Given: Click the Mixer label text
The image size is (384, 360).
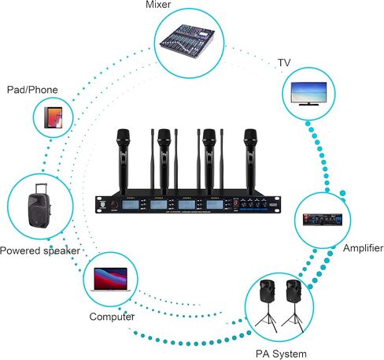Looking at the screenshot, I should [x=179, y=6].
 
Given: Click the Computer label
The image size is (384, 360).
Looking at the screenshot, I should [x=111, y=317].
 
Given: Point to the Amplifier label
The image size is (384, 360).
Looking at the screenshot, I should [x=362, y=249].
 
